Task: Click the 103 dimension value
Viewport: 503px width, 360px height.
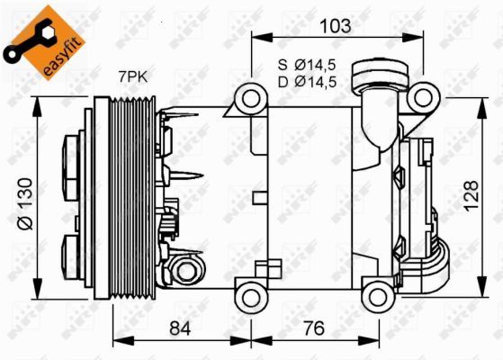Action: (336, 26)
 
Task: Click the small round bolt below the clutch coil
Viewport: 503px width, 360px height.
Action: (186, 270)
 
